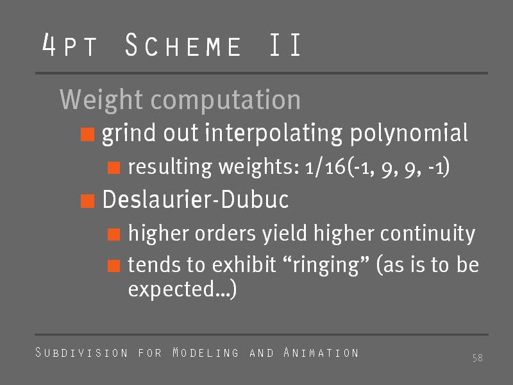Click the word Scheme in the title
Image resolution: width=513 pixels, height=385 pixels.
[183, 44]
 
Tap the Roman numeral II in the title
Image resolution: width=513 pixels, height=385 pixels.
[285, 44]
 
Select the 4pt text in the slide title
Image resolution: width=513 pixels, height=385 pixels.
[69, 44]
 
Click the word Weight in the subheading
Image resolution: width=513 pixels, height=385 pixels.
[101, 100]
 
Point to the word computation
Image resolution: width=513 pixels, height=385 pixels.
[226, 100]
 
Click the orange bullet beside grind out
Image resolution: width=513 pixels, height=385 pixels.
[88, 135]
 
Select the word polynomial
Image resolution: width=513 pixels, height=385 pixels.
[409, 133]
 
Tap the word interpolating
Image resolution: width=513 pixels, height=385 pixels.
[274, 133]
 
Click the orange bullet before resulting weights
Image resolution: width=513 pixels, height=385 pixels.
[114, 167]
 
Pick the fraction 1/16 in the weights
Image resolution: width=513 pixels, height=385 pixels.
[325, 167]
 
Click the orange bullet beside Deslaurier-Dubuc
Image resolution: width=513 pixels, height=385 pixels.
[88, 201]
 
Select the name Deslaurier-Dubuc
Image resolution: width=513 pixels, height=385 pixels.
[196, 199]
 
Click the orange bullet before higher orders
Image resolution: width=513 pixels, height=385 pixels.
[114, 234]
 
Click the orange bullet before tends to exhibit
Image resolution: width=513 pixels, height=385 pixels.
[114, 266]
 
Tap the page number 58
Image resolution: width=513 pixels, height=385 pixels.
[478, 358]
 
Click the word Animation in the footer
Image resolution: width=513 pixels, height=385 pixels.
[321, 352]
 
